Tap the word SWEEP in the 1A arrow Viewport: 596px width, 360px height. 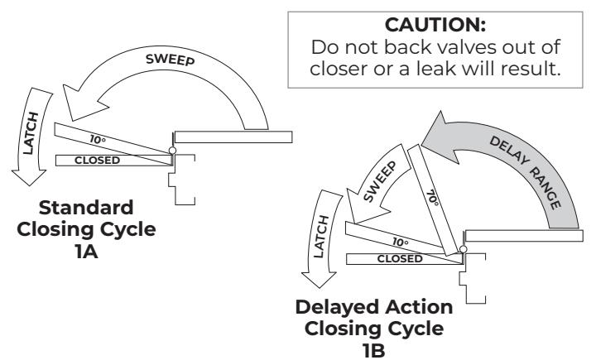[x=171, y=60]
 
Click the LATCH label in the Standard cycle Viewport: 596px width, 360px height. [x=31, y=133]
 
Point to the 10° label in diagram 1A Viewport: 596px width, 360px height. [x=98, y=140]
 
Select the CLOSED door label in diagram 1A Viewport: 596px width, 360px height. [x=98, y=161]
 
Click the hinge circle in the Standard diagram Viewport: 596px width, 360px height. [x=172, y=151]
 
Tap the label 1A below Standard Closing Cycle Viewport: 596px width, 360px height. [x=86, y=252]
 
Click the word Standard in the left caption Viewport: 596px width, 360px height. [x=86, y=208]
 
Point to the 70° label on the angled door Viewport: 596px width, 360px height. [x=432, y=198]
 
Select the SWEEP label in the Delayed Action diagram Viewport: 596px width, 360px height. [x=380, y=181]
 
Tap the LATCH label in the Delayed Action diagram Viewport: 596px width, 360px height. [x=321, y=237]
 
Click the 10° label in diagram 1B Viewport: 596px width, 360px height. [x=401, y=242]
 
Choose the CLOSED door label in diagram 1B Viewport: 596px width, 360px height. [x=400, y=259]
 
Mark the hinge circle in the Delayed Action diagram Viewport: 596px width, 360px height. [x=463, y=249]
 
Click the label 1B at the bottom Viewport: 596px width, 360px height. [x=374, y=351]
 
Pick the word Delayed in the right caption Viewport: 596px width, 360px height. [x=337, y=308]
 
